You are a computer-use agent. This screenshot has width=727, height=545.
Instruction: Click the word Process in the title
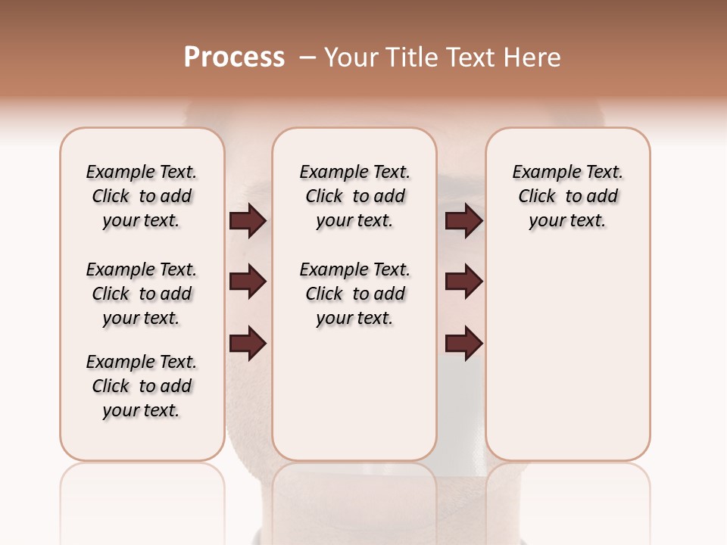(x=234, y=58)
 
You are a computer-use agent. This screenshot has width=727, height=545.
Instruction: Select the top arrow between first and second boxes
(x=248, y=221)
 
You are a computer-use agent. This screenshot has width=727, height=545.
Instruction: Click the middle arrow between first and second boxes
(x=248, y=282)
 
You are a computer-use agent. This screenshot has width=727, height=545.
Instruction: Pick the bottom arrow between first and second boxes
(x=248, y=344)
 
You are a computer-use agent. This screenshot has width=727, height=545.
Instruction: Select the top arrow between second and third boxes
(x=463, y=221)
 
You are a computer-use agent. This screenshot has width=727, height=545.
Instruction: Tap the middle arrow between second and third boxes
(x=463, y=282)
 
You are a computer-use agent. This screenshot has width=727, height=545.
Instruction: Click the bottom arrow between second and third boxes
(x=463, y=344)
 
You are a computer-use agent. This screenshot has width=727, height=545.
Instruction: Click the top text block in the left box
(x=142, y=196)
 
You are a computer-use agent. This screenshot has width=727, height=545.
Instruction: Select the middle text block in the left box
(x=142, y=294)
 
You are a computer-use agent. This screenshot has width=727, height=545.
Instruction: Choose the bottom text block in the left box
(x=142, y=386)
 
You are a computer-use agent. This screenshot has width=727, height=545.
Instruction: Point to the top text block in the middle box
(x=354, y=196)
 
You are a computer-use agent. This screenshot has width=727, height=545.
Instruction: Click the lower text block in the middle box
(x=354, y=294)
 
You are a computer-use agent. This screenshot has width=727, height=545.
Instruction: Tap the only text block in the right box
(x=567, y=196)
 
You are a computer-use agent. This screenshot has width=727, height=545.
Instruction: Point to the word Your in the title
(x=349, y=58)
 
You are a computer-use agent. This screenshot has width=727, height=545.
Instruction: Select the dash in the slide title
(x=307, y=58)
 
